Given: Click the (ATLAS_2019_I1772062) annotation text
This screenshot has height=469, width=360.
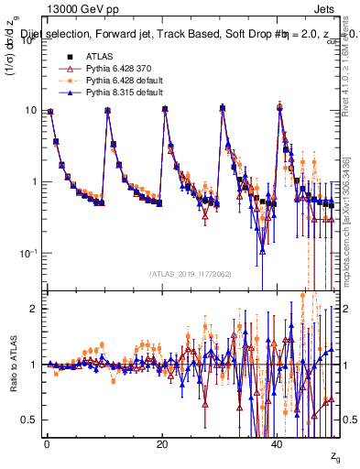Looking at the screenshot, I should [191, 273].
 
